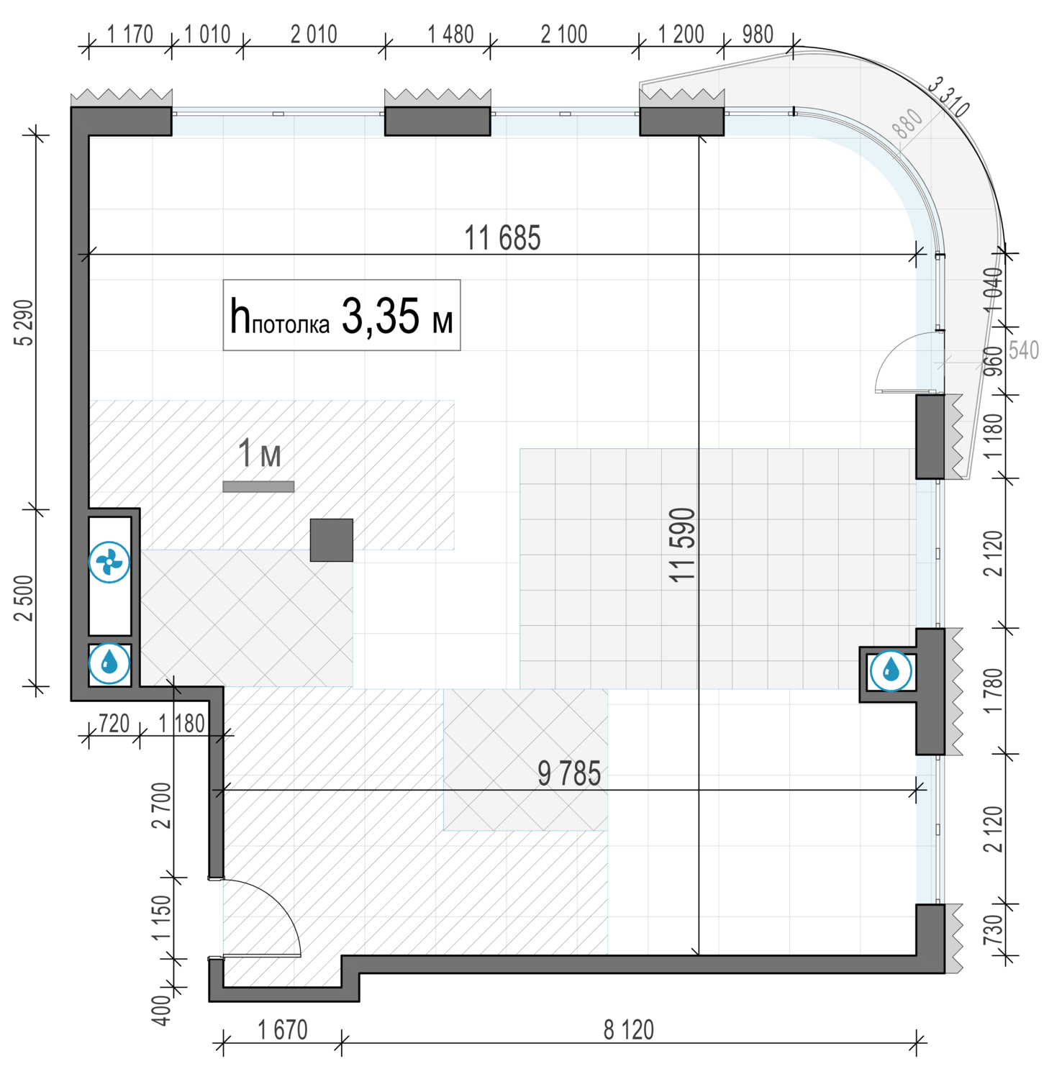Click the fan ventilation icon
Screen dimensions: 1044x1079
click(x=109, y=562)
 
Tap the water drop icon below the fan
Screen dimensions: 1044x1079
click(x=109, y=663)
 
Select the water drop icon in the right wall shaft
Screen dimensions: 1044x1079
click(x=891, y=670)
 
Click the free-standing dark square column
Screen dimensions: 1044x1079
click(x=332, y=539)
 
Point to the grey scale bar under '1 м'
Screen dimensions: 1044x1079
click(x=258, y=487)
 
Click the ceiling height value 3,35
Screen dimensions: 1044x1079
click(x=381, y=316)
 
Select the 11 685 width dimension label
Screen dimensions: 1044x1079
click(x=502, y=238)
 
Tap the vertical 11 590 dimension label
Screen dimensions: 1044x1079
click(x=683, y=545)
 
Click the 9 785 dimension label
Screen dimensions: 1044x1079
click(x=569, y=773)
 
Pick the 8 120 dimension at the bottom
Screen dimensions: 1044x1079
click(x=629, y=1030)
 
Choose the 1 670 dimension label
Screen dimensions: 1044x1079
click(x=283, y=1030)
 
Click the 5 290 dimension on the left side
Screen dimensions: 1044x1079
click(x=24, y=322)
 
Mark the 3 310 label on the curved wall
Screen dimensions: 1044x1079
click(x=948, y=97)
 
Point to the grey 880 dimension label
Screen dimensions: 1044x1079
click(x=907, y=124)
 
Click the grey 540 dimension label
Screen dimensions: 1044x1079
click(x=1024, y=350)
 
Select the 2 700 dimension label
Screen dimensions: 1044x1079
click(x=162, y=805)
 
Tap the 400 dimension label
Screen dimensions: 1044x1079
click(x=162, y=1010)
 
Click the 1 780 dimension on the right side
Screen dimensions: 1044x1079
click(x=992, y=691)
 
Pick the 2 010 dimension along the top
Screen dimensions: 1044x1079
click(x=314, y=34)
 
